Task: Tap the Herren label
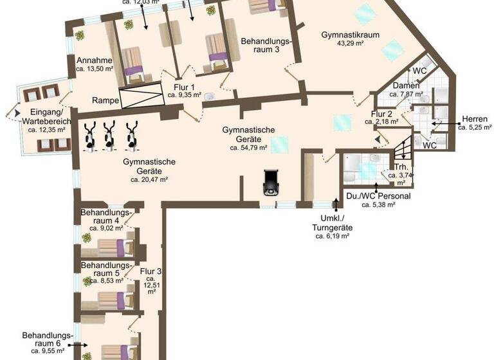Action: tap(474, 119)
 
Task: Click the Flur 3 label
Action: tap(151, 271)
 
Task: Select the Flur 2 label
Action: tap(382, 115)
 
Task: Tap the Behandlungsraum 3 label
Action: tap(266, 45)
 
